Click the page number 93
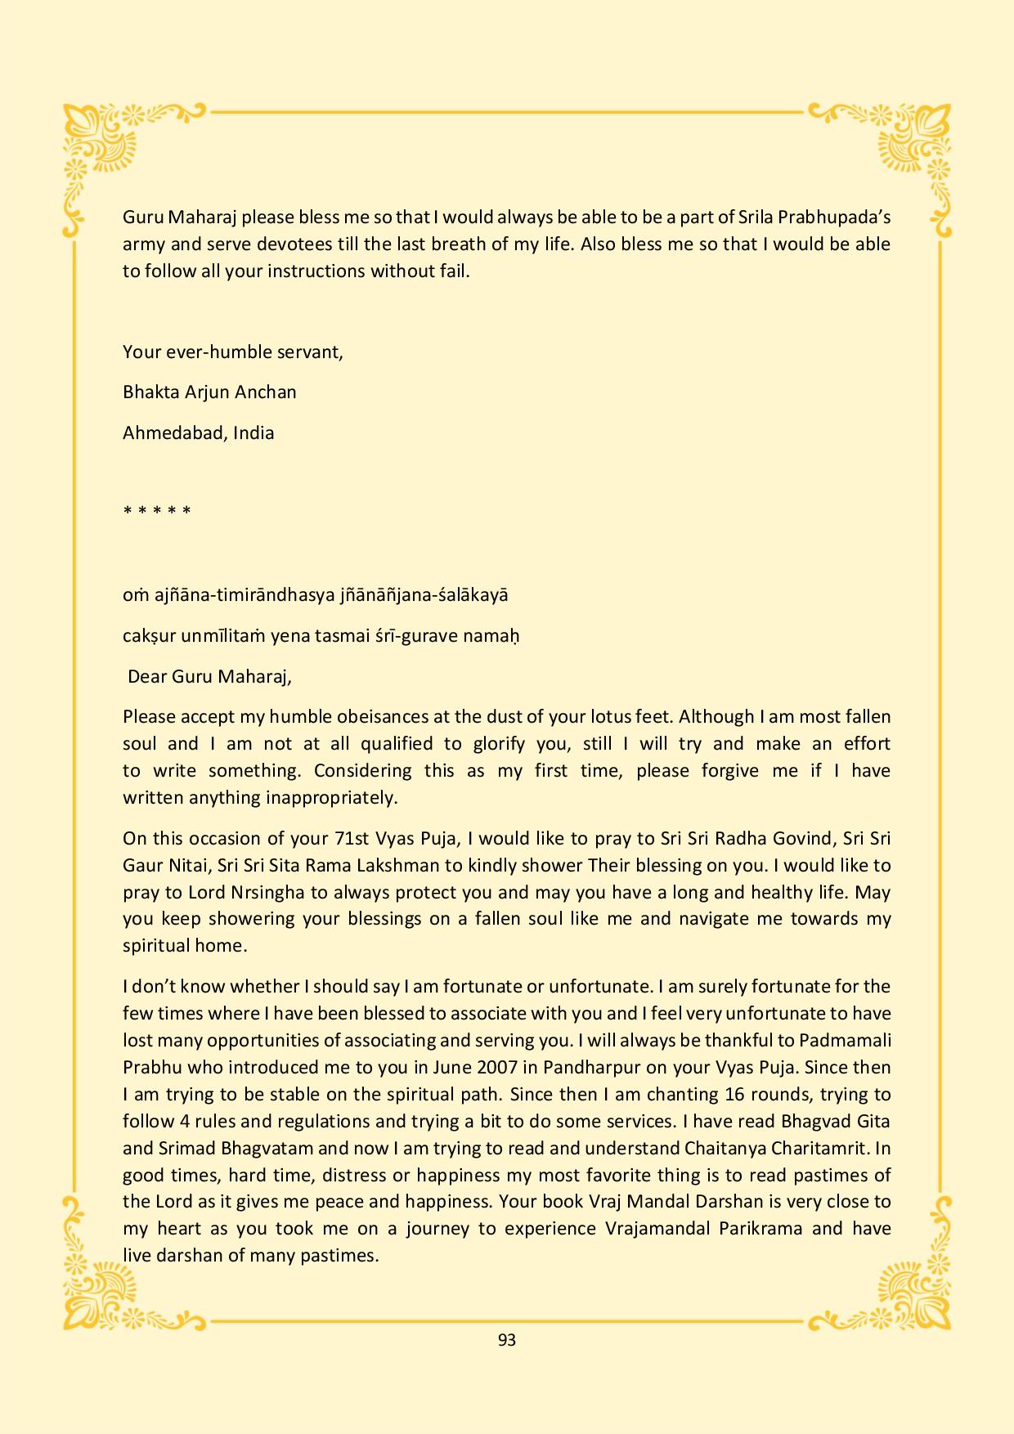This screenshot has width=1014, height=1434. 506,1340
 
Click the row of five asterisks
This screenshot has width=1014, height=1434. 157,512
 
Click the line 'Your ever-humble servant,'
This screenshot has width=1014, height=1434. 233,352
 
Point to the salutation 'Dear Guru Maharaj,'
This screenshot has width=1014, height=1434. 209,676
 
